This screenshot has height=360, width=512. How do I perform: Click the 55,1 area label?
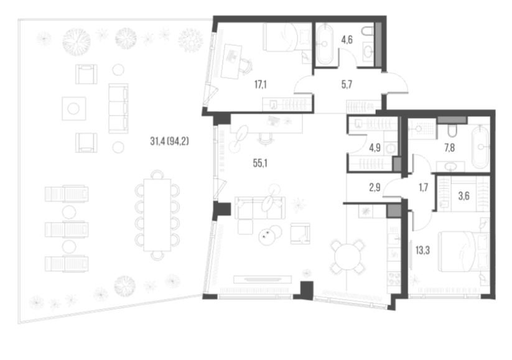(x=260, y=163)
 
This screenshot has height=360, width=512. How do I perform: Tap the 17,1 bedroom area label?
(x=261, y=85)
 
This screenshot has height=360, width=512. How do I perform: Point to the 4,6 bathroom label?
(x=347, y=40)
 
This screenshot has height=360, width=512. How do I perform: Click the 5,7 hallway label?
(x=347, y=85)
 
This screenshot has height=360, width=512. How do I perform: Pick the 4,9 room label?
(x=375, y=148)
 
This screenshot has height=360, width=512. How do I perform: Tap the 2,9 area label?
(x=375, y=188)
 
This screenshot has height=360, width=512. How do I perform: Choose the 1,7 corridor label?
(x=423, y=188)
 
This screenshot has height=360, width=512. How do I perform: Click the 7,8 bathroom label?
(x=449, y=148)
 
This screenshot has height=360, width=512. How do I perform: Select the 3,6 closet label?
(x=463, y=196)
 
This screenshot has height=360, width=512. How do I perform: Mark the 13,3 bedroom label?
(x=422, y=251)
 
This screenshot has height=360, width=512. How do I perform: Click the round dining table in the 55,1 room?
(x=347, y=257)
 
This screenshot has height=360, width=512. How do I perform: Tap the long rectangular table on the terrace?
(x=157, y=215)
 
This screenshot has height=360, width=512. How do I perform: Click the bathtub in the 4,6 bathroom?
(x=324, y=44)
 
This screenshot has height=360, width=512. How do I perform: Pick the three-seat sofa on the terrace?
(x=118, y=108)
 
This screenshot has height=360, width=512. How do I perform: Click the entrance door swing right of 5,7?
(x=397, y=83)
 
